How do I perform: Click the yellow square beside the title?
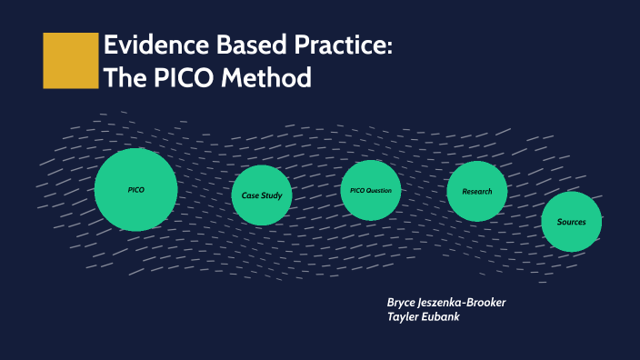70,61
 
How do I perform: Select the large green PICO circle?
135,189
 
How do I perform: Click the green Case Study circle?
262,195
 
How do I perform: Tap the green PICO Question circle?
371,190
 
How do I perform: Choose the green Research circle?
477,191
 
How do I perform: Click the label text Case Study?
262,195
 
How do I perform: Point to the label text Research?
477,191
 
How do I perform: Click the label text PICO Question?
371,190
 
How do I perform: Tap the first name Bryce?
404,302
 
